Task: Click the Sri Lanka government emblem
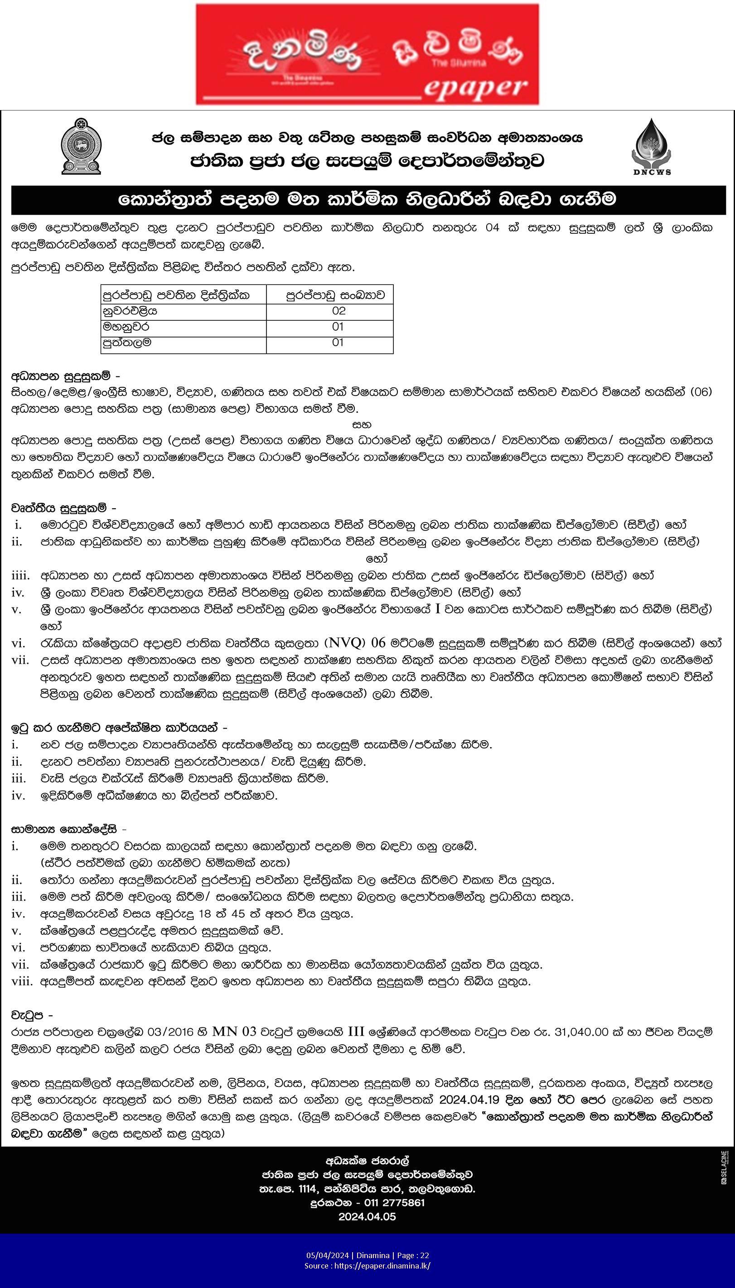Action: click(x=81, y=146)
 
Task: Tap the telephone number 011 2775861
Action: click(x=394, y=1202)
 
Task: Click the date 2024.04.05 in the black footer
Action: click(x=367, y=1217)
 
